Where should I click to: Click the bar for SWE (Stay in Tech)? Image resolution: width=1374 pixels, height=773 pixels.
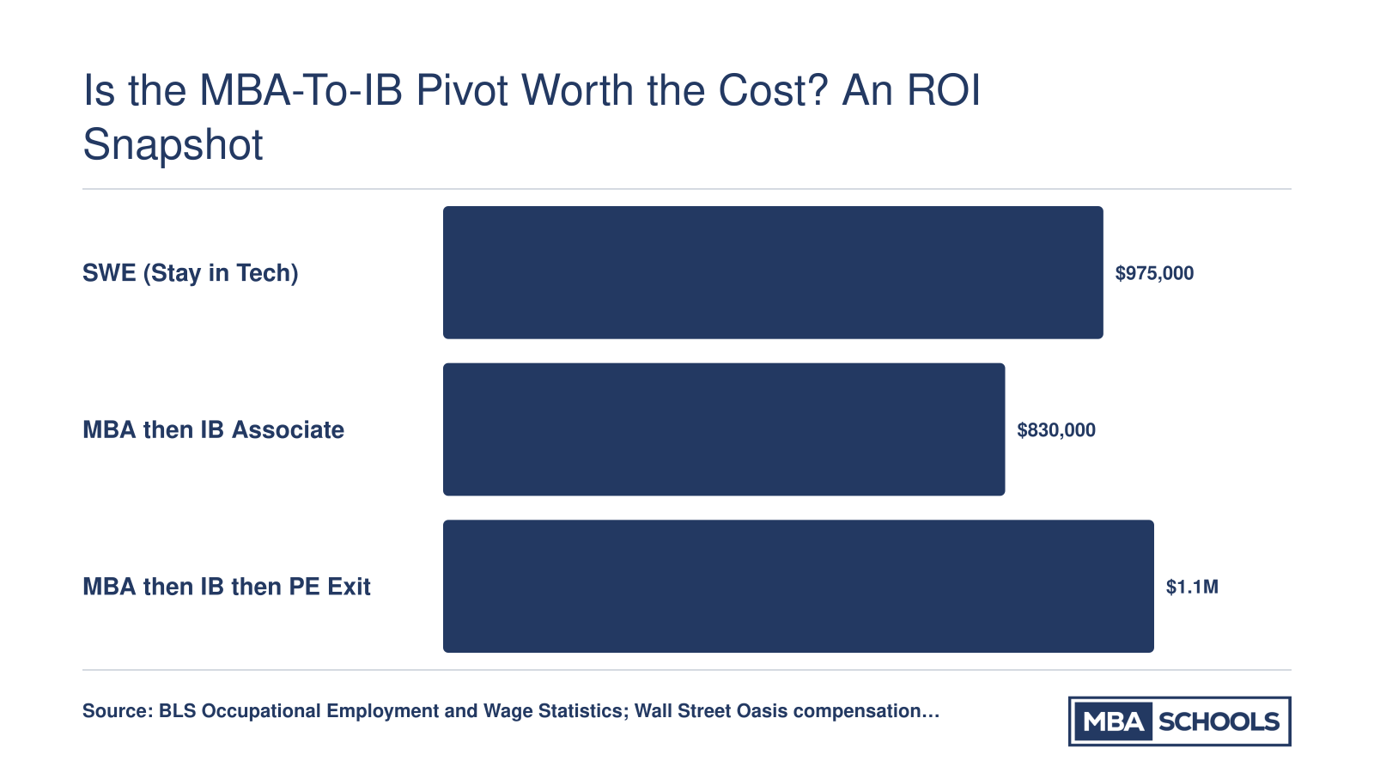coord(773,272)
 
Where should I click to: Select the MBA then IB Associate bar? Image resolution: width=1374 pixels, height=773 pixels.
coord(724,429)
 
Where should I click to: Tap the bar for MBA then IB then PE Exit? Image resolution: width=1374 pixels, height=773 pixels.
coord(798,587)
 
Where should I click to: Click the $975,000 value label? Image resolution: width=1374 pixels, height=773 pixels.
coord(1154,274)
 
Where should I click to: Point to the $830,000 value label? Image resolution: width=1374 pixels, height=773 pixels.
coord(1056,430)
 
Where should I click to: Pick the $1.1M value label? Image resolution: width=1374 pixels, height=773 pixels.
coord(1192,587)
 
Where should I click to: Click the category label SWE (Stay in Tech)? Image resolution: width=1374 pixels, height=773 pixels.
coord(190,274)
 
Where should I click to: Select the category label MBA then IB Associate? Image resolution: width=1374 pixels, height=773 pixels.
coord(214,430)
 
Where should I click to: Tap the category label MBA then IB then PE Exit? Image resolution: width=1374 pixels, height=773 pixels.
coord(227,587)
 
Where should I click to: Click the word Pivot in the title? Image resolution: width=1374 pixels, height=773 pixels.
coord(462,91)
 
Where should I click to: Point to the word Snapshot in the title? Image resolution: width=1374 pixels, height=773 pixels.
coord(173,146)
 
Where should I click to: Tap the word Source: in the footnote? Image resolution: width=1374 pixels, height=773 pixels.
coord(118,711)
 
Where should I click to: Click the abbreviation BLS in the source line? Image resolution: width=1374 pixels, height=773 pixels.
coord(177,711)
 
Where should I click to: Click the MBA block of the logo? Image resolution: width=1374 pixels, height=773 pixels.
coord(1113,721)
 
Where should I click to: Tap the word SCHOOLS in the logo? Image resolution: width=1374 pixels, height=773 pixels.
coord(1219,722)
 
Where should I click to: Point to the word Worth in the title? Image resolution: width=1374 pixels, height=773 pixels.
coord(577,91)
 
